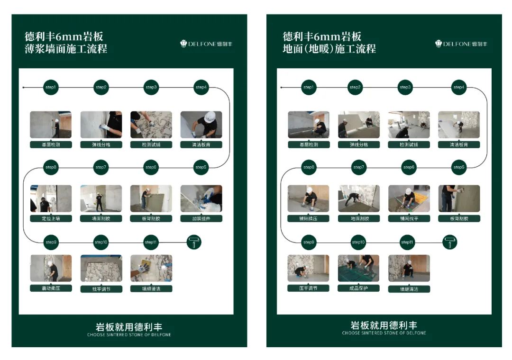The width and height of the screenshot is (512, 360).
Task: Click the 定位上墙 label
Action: click(51, 218)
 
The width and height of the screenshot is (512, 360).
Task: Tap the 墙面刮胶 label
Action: click(101, 218)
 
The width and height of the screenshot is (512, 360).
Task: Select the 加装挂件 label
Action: click(201, 218)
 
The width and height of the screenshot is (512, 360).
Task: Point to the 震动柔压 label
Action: click(51, 288)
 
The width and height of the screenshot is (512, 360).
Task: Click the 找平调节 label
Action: click(101, 288)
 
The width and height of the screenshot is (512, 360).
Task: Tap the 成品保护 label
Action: click(358, 288)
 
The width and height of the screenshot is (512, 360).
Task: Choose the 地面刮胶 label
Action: click(358, 218)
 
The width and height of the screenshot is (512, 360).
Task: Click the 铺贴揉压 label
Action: click(308, 218)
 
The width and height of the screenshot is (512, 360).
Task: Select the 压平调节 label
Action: click(308, 288)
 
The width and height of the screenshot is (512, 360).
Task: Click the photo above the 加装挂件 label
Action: click(201, 198)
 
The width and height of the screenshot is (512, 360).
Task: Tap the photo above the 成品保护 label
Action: click(358, 268)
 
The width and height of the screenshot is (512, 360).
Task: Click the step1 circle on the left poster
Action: click(51, 87)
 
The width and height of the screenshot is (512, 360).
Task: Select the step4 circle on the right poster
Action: click(459, 87)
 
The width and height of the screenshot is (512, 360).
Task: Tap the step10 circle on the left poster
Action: click(101, 243)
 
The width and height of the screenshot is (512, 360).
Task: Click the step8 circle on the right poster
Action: click(309, 167)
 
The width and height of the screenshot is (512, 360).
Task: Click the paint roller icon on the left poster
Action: click(194, 242)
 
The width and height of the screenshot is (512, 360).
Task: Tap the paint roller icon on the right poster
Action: click(450, 242)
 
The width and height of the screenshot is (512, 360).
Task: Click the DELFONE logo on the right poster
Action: click(461, 44)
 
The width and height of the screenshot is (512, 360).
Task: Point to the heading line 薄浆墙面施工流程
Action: click(66, 49)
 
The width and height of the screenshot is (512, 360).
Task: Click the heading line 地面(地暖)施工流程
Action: click(329, 49)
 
